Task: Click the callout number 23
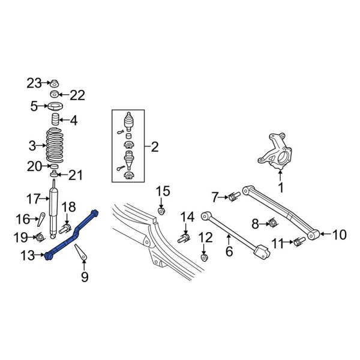click(34, 83)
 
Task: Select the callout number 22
click(77, 95)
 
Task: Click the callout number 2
click(154, 146)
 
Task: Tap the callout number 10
click(339, 235)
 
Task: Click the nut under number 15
click(162, 211)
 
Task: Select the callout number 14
click(188, 217)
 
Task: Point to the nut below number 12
click(205, 258)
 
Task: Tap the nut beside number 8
click(271, 224)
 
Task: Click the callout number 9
click(84, 277)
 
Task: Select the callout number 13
click(28, 256)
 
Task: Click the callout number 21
click(76, 175)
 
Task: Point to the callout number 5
click(34, 107)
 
